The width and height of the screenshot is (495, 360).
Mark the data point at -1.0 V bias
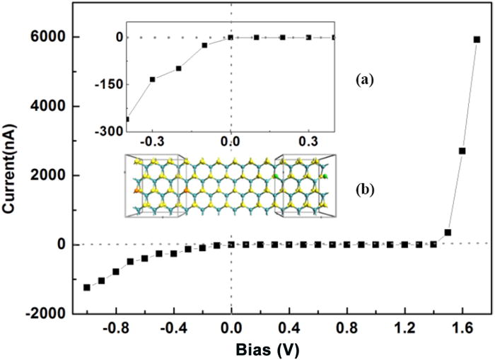point(87,287)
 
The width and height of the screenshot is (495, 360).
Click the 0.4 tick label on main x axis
point(289,327)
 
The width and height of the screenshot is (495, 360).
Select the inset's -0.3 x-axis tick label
point(151,141)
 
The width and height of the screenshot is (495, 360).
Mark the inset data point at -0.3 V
point(152,79)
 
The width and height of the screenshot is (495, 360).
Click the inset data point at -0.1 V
point(204,45)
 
